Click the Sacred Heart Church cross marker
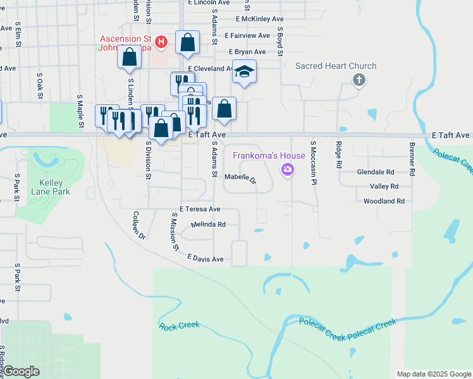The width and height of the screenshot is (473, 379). tap(359, 80)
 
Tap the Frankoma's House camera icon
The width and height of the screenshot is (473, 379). tap(288, 169)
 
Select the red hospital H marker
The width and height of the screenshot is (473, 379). tap(161, 42)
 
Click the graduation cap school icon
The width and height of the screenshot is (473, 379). tap(243, 72)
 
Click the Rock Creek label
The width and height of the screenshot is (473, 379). tap(179, 326)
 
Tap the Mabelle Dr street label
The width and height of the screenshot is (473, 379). tap(240, 179)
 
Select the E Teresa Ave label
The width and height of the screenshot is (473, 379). tap(200, 209)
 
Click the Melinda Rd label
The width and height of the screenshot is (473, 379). tap(209, 224)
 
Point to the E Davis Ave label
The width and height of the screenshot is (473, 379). tap(206, 258)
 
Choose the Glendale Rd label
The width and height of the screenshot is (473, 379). tap(376, 172)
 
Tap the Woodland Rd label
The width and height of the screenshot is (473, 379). tap(384, 202)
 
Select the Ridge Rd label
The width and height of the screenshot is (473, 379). tap(339, 155)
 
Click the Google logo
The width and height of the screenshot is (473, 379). tap(21, 371)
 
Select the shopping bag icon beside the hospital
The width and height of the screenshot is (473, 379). tap(188, 42)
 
